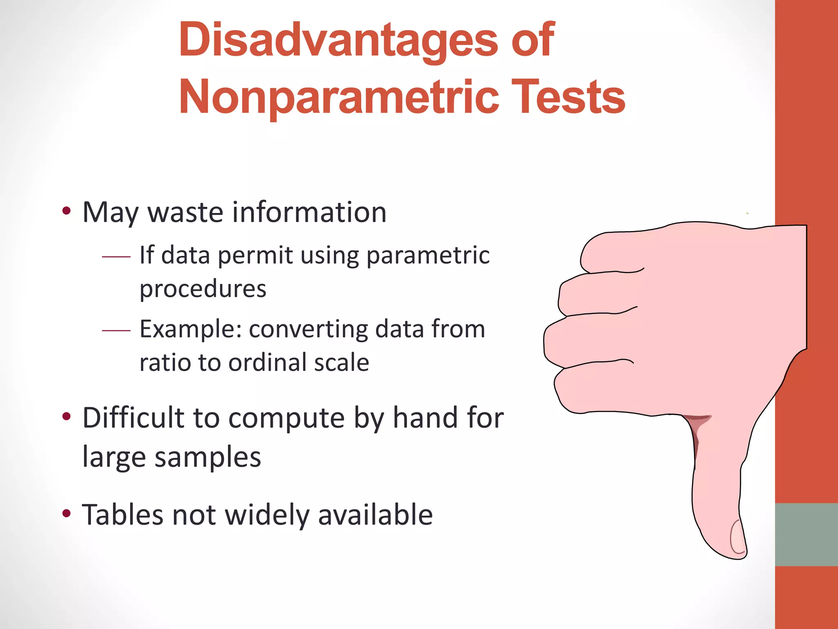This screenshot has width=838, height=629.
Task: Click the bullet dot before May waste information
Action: point(66,212)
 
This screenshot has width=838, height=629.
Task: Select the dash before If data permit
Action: point(116,257)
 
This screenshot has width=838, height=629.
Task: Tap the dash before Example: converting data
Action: point(116,330)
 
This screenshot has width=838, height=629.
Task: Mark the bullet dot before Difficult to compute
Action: point(66,417)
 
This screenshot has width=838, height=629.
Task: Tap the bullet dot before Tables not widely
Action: point(66,514)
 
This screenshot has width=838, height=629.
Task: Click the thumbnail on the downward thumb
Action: point(737,537)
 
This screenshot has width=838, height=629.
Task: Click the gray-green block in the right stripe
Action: point(806,534)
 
